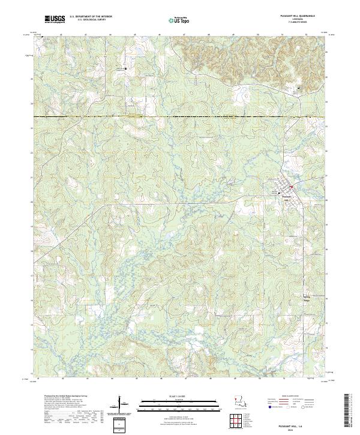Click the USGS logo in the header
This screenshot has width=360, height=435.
point(55,19)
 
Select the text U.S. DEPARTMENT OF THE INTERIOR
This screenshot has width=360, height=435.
point(91,17)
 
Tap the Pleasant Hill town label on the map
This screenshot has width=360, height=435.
point(286,194)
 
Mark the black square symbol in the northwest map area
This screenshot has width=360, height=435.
point(126,69)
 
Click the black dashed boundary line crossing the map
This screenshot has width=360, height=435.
point(180,116)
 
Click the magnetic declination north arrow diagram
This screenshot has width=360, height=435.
point(121,402)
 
